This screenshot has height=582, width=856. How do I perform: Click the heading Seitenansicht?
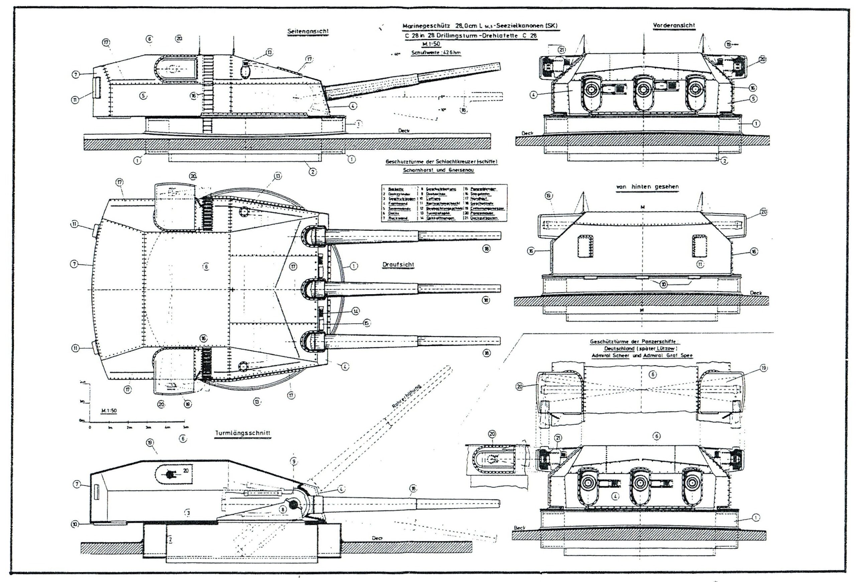coord(308,32)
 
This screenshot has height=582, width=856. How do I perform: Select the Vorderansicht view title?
coord(674,25)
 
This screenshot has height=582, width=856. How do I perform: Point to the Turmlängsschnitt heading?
coord(242,433)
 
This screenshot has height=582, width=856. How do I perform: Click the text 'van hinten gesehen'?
coord(647,187)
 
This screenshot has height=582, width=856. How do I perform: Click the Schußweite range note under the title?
coord(436,52)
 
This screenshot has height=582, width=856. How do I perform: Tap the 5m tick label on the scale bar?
coord(186,427)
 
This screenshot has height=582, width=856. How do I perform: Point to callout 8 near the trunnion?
coord(283,509)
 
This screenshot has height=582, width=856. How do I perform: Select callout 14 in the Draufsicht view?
coord(355,312)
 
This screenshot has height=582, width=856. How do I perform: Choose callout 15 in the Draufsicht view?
coord(366,323)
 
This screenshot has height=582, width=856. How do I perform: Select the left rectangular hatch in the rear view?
coord(584,246)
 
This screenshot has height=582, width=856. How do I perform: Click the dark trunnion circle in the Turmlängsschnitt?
coord(294,505)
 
